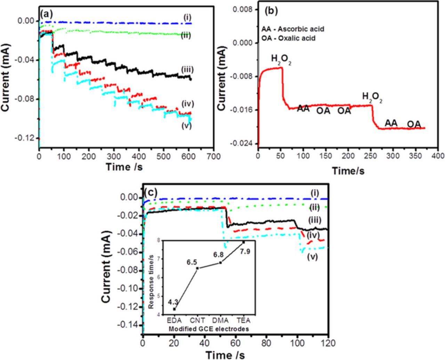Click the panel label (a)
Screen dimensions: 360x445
coord(47,14)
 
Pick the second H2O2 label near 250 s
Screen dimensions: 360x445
coord(372,97)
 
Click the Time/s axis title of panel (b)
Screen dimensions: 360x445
coord(348,171)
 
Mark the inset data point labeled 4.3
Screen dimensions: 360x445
coord(174,309)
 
